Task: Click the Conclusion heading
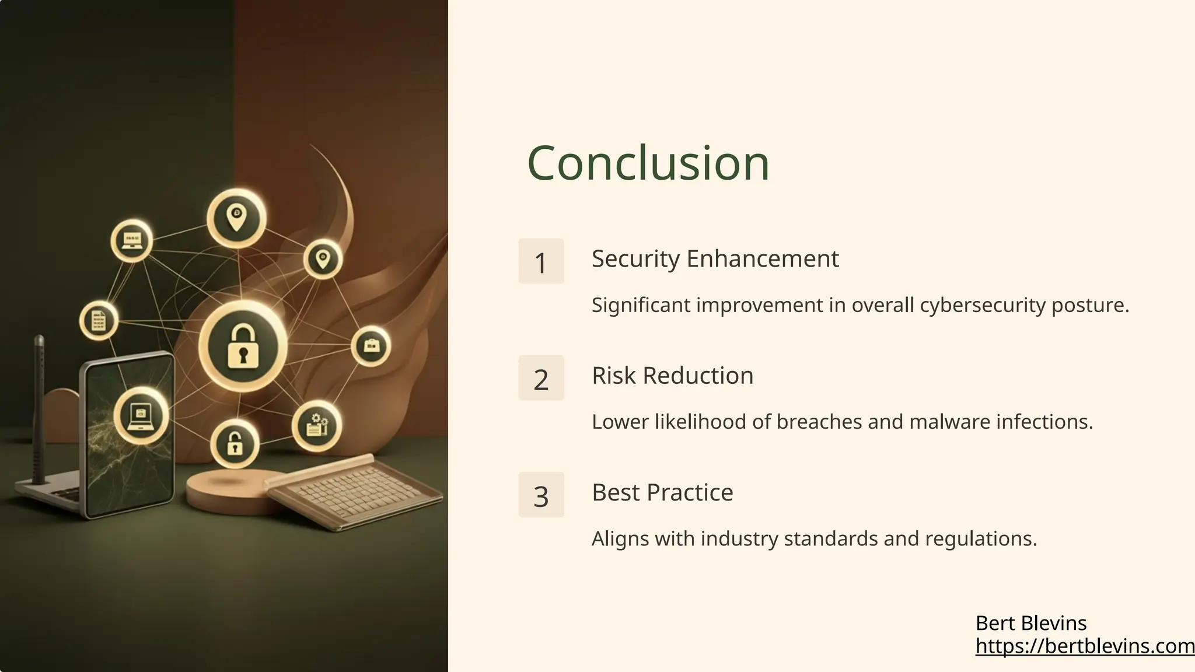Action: (x=648, y=163)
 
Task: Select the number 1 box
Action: (x=541, y=261)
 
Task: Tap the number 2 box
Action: (x=541, y=378)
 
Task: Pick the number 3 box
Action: (x=541, y=495)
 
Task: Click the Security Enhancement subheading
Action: (x=715, y=258)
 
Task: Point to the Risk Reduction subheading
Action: (x=672, y=376)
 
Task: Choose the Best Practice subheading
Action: (x=662, y=492)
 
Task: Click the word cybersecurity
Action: (x=983, y=305)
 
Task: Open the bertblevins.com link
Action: (x=1084, y=646)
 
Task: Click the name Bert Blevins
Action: (x=1030, y=623)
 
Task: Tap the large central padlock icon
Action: (x=243, y=346)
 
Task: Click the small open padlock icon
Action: (x=235, y=444)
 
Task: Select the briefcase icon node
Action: (x=371, y=346)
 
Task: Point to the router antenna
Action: (x=39, y=408)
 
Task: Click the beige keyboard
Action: (x=353, y=490)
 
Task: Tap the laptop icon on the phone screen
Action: (x=141, y=415)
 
